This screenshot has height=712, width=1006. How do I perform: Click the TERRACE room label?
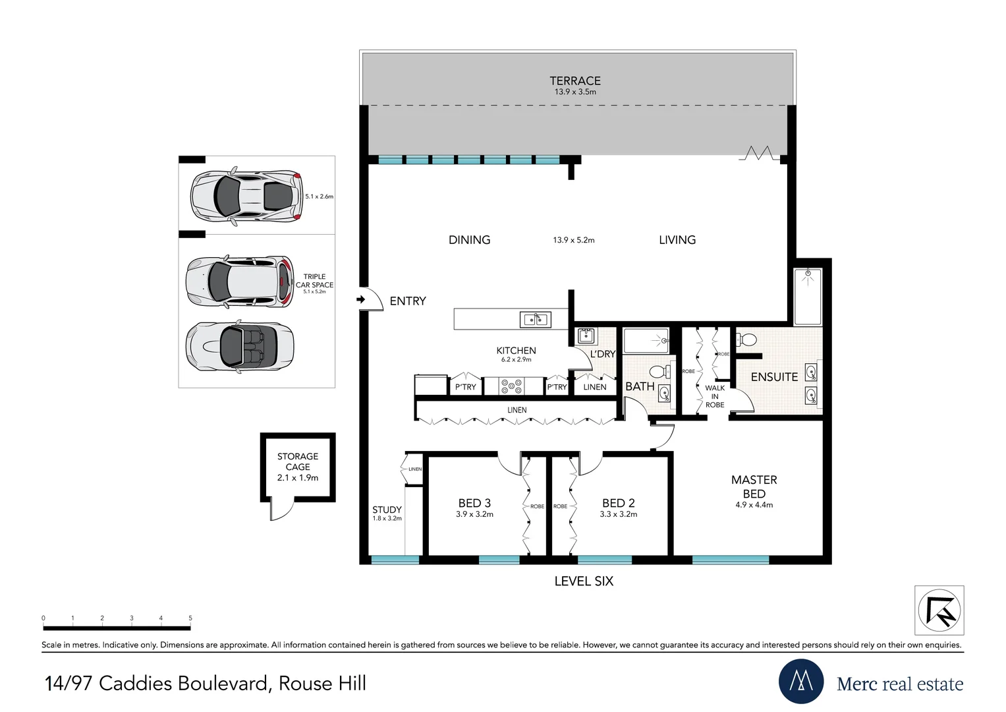tap(574, 81)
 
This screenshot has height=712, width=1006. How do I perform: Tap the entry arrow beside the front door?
tap(360, 300)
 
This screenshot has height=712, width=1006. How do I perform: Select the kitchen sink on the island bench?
tap(535, 320)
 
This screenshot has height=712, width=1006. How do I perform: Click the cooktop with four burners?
tap(511, 386)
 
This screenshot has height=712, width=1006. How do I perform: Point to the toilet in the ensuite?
tap(747, 340)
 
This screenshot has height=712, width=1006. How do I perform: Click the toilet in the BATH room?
tap(657, 372)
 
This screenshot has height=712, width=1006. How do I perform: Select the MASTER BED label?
tap(754, 487)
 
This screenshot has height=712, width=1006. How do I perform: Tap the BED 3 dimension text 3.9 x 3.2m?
tap(474, 515)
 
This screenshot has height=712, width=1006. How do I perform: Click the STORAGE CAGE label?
tap(298, 461)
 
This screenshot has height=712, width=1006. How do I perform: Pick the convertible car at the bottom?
tap(240, 346)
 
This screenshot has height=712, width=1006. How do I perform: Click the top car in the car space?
tap(246, 196)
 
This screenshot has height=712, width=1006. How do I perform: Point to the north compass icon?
tap(939, 610)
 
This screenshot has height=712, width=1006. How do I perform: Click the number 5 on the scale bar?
tap(190, 618)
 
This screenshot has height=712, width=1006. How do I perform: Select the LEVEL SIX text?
tap(584, 581)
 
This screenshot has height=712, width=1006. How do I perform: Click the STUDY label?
tap(387, 510)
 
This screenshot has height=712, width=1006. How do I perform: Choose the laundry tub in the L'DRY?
tap(585, 336)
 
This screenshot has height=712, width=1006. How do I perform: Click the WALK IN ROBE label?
tap(715, 396)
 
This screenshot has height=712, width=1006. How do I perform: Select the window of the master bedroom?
tap(730, 560)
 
